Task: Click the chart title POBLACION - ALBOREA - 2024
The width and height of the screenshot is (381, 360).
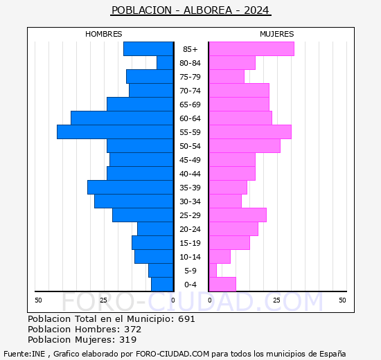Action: (190, 10)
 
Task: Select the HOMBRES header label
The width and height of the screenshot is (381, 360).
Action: (104, 34)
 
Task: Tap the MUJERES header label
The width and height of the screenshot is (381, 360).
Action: (276, 34)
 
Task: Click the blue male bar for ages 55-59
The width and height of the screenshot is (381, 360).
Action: (115, 132)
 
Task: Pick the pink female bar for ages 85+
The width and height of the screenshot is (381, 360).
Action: (251, 48)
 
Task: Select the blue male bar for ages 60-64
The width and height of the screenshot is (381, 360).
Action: (122, 118)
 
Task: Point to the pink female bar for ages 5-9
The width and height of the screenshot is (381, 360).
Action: (213, 270)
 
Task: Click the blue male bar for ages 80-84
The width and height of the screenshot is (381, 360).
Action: (165, 62)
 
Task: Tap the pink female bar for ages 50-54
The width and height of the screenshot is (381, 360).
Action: (244, 145)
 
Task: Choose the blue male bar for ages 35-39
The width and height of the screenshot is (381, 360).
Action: (130, 187)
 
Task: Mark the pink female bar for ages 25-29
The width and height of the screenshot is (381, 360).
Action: (237, 215)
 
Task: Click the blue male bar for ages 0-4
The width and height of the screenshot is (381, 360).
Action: (162, 284)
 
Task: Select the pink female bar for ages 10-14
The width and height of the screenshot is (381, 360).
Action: (219, 256)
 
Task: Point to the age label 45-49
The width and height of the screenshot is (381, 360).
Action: (190, 160)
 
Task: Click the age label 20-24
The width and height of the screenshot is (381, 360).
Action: (190, 229)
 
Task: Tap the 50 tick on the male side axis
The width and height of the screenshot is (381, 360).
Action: (39, 300)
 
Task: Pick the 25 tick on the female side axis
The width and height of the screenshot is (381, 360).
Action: (276, 300)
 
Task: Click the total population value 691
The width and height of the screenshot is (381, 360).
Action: (186, 319)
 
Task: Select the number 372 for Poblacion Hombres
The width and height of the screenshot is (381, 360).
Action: (132, 330)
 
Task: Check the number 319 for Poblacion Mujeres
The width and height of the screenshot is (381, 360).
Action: (127, 340)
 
